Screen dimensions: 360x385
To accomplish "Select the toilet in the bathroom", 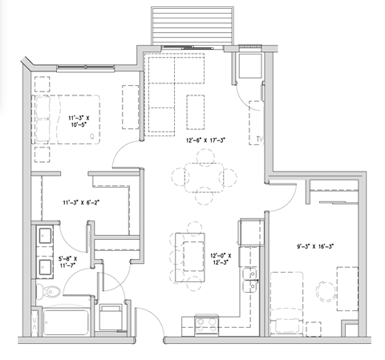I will (x=43, y=291).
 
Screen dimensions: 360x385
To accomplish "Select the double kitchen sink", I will (x=251, y=281).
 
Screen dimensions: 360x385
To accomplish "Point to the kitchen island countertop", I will (x=191, y=256).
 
